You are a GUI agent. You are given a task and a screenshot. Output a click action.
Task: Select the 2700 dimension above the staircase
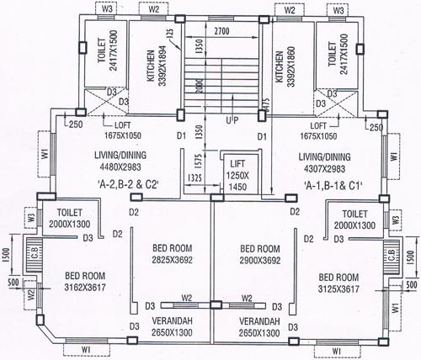click(x=222, y=30)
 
